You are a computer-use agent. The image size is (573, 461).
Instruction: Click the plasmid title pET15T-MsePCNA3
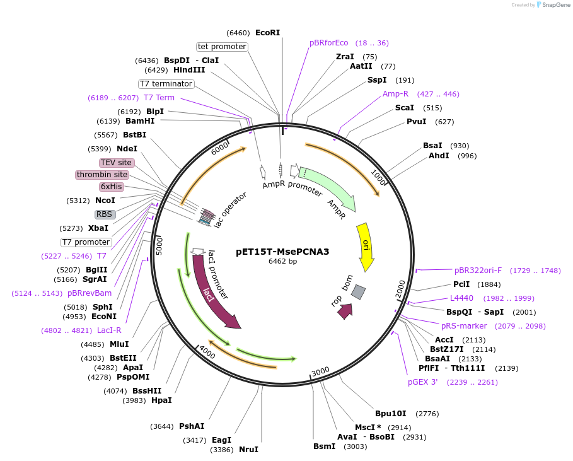point(282,251)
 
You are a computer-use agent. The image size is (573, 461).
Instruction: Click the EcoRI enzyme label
point(267,33)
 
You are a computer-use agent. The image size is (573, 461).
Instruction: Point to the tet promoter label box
point(222,47)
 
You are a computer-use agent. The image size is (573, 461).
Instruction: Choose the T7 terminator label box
point(166,84)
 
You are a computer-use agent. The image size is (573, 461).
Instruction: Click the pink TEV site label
point(116,163)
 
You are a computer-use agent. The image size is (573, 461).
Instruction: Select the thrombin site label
point(102,175)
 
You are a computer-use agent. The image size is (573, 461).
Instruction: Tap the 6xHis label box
point(111,187)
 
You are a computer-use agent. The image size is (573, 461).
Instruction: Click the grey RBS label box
point(104,214)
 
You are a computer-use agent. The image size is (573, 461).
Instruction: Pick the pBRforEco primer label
point(328,43)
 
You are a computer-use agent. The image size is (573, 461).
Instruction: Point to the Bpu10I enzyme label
point(390,414)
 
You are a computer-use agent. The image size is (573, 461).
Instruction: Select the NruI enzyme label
point(248,450)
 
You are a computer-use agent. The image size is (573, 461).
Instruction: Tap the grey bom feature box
point(358,291)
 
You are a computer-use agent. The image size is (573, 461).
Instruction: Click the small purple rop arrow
point(345,310)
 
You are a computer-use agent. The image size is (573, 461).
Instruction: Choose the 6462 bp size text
point(282,262)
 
